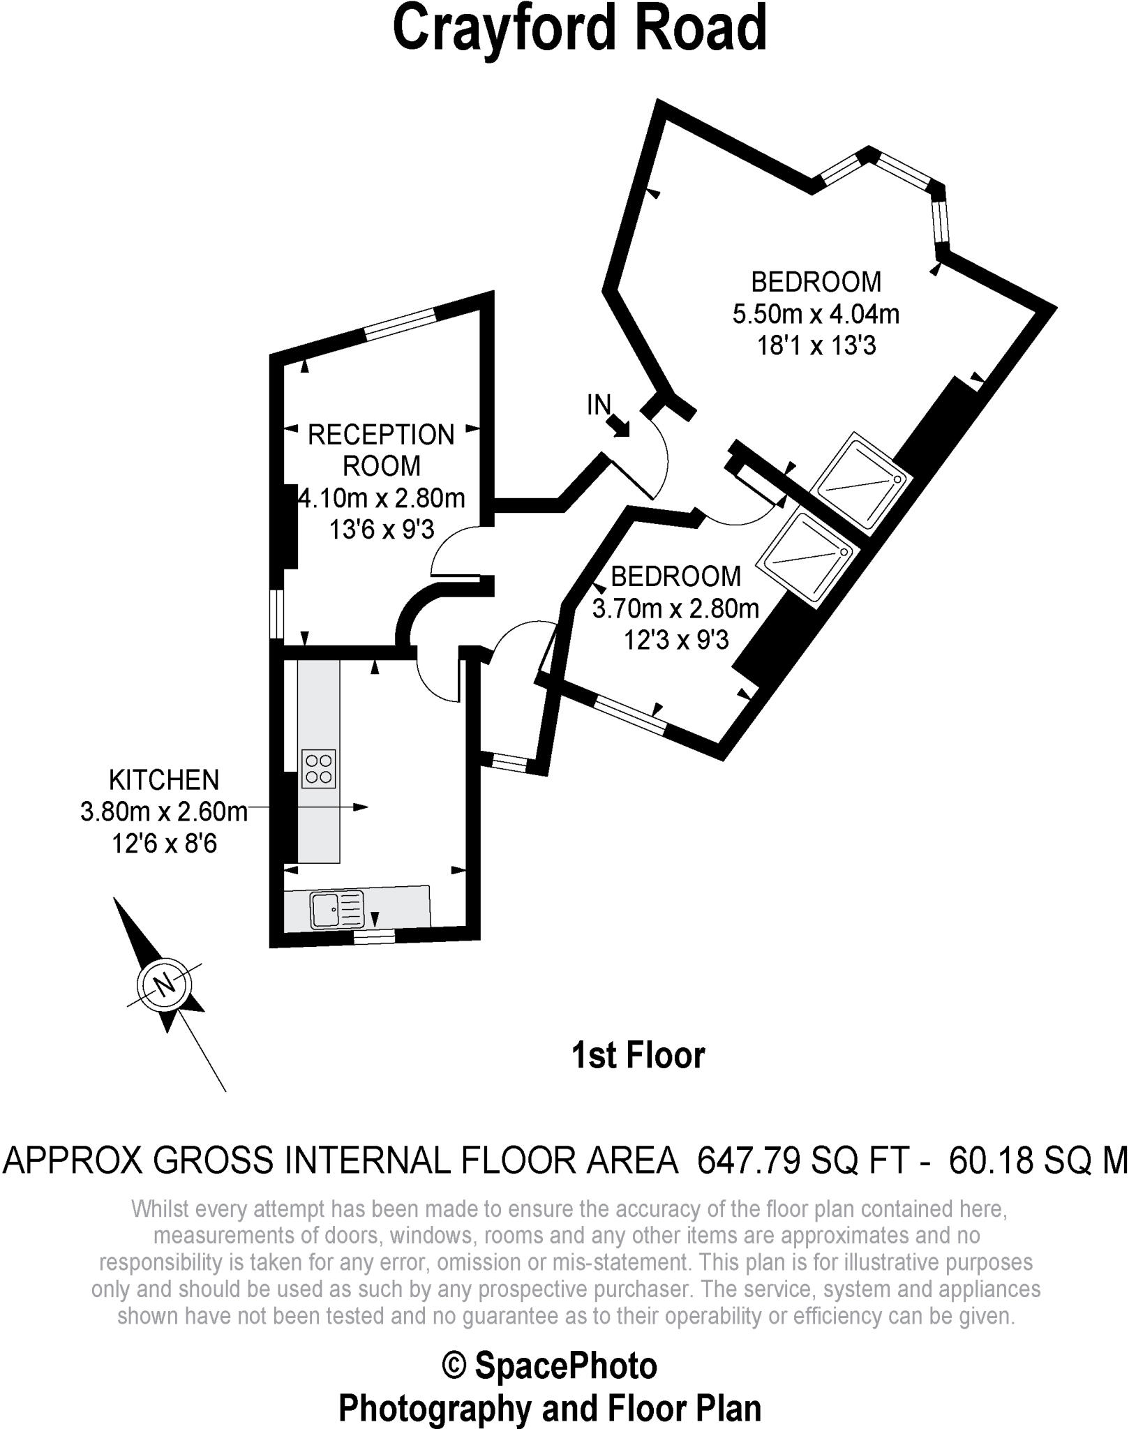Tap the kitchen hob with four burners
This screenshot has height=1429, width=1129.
pos(318,769)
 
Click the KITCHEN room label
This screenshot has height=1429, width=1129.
pos(164,779)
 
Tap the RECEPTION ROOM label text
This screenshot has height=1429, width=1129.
pos(381,450)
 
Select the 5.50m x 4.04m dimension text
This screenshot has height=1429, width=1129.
pos(816,314)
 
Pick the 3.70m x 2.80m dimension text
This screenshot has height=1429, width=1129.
pos(675,609)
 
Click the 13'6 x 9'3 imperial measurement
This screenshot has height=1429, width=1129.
pos(382,530)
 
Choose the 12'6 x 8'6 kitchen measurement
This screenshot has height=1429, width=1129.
pos(164,844)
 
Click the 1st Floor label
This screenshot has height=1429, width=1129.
pos(638,1055)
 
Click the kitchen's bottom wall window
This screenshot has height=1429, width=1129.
pos(373,936)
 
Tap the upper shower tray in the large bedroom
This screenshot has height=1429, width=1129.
pos(862,481)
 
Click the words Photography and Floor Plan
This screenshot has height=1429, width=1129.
pos(550,1407)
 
